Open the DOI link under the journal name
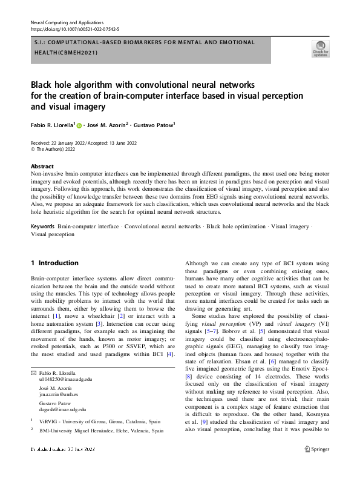click(74, 28)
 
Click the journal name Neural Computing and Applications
click(68, 22)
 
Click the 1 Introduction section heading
click(54, 263)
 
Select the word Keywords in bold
click(43, 225)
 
